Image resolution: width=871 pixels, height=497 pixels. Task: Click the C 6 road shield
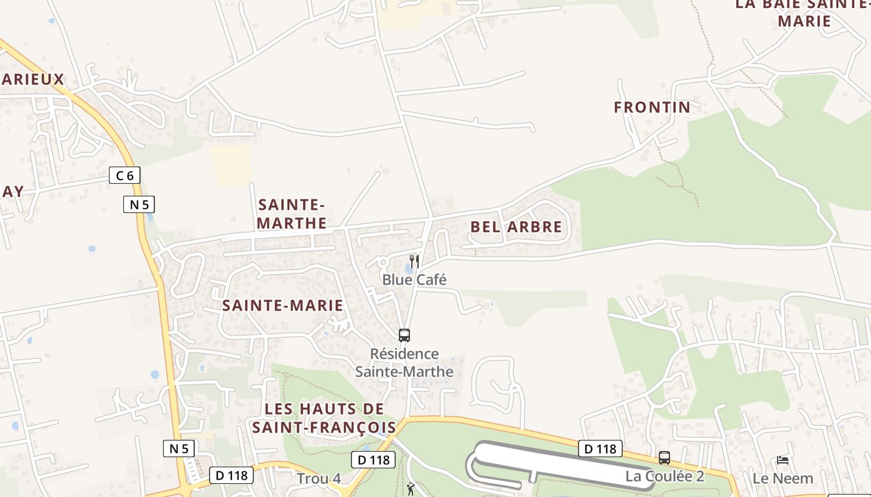125,176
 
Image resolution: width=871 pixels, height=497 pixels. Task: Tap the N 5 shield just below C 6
139,204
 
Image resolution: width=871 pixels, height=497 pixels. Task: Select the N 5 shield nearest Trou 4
179,449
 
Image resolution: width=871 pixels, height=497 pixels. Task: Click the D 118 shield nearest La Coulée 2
600,449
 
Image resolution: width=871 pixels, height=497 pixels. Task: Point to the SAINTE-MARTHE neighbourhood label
292,214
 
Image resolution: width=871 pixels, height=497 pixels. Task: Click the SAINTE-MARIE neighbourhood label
282,305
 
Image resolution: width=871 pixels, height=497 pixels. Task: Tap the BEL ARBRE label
516,227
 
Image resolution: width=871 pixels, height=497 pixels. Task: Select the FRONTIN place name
652,107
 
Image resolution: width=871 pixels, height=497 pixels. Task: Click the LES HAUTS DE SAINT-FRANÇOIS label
324,418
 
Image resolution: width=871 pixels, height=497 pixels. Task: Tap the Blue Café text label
414,280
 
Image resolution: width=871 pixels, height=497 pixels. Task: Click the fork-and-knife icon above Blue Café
414,261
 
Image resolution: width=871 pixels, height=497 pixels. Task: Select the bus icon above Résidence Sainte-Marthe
404,335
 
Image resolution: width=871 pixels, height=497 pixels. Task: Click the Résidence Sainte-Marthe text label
404,363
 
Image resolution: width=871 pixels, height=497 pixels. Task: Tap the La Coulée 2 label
665,476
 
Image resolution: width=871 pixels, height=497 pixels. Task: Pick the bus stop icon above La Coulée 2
664,458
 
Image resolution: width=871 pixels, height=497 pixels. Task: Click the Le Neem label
783,478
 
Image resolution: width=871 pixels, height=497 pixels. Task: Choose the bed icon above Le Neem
783,460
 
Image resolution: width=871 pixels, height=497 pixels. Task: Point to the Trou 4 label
319,479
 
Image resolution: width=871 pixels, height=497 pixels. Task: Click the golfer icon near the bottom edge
411,490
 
